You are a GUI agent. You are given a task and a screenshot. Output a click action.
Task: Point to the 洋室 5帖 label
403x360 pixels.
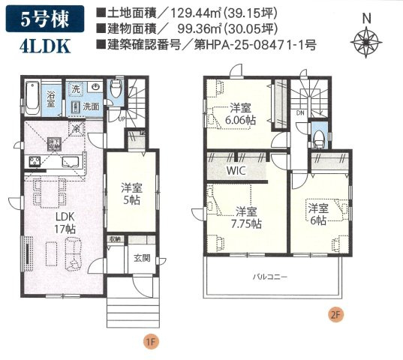coord(133,193)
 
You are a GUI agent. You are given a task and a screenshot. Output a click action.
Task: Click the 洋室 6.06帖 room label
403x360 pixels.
coord(239,113)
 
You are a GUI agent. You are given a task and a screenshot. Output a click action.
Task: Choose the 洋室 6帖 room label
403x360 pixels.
coord(317,214)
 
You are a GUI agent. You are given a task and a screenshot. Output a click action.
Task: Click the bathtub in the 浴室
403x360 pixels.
coord(29,97)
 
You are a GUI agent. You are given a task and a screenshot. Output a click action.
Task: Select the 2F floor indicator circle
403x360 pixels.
coord(335,316)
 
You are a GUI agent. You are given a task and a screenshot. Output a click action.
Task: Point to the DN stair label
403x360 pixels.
coord(300,113)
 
